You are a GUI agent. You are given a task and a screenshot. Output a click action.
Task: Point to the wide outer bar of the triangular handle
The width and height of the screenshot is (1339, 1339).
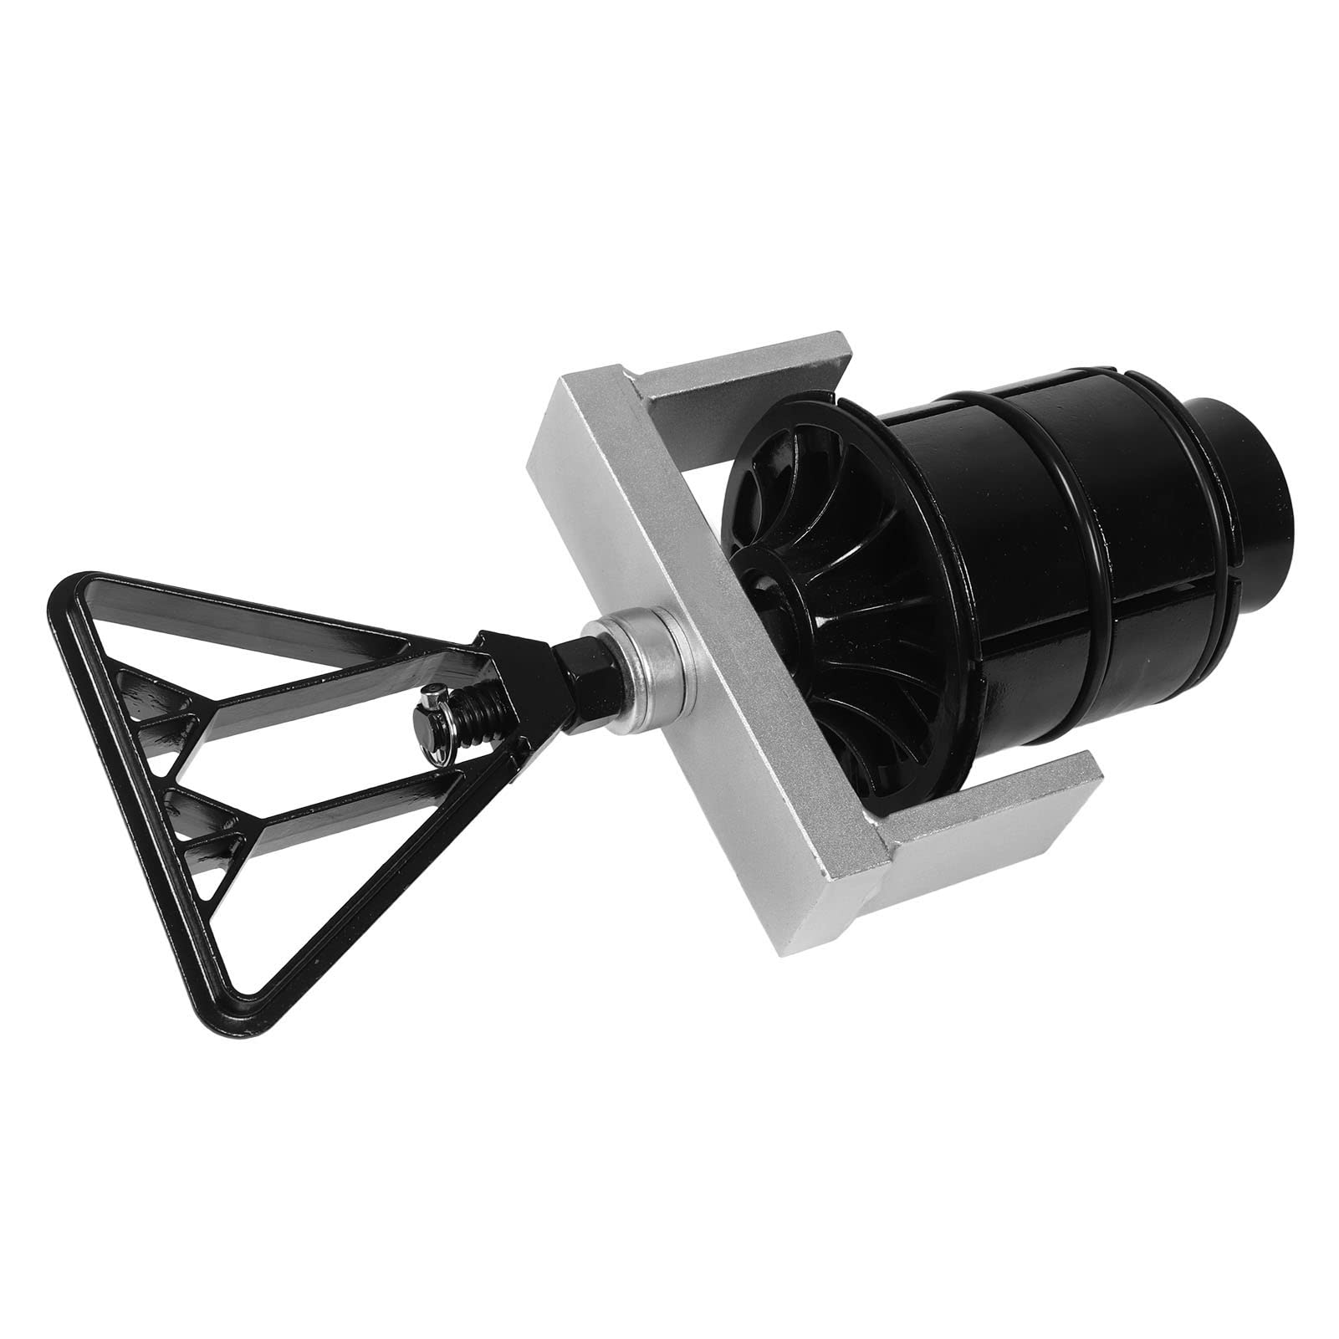click(x=134, y=803)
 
